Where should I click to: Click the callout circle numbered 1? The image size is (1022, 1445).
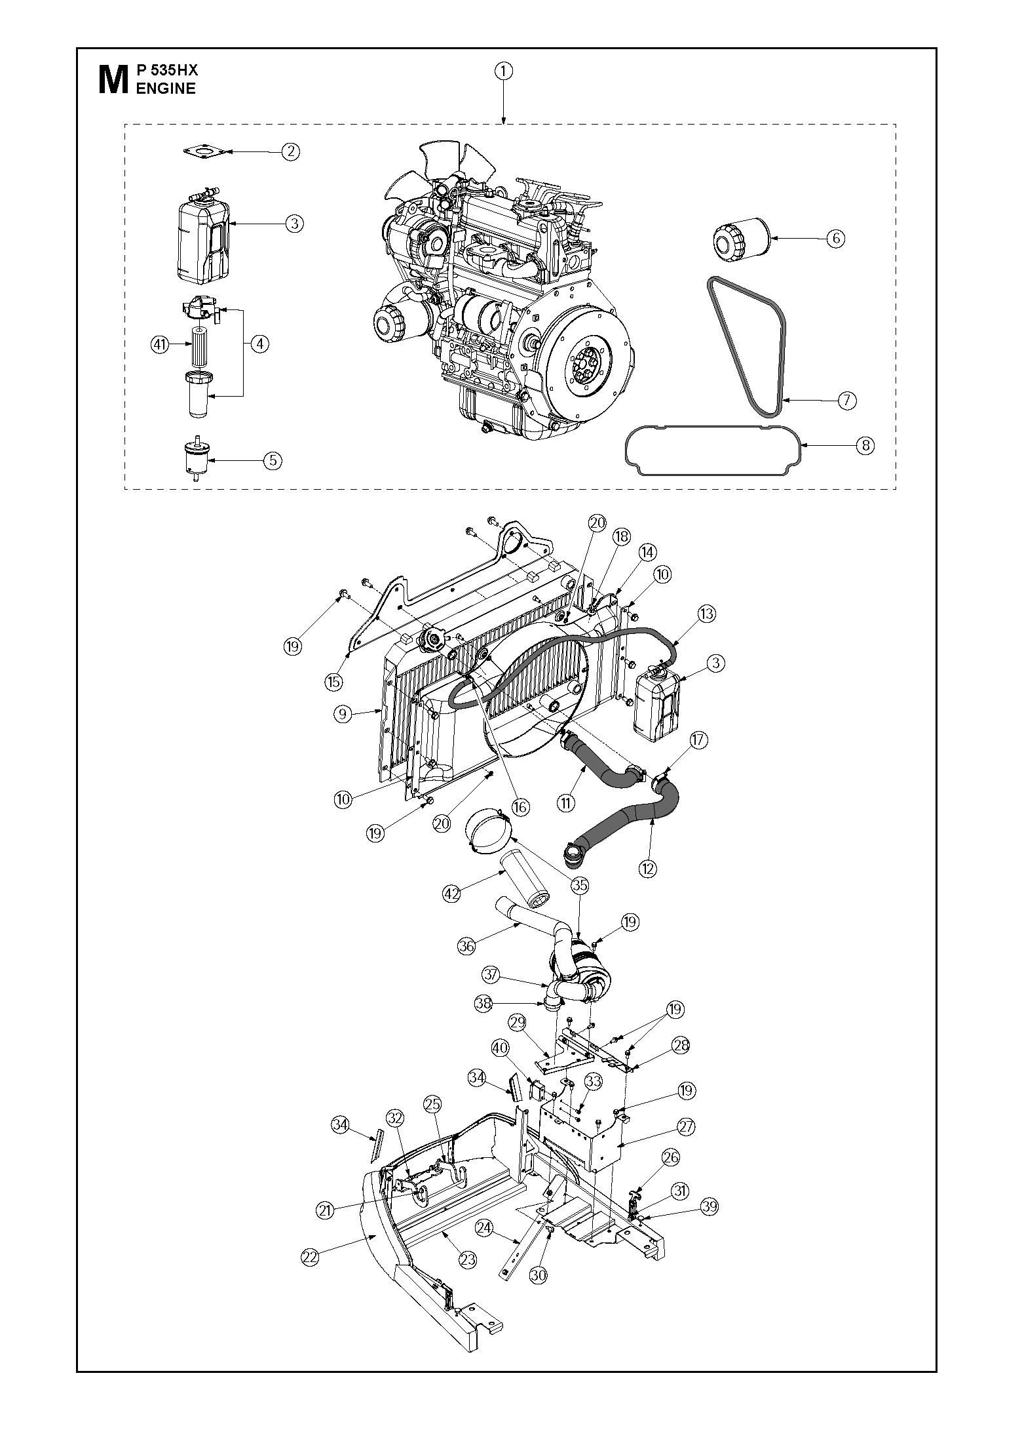(x=503, y=71)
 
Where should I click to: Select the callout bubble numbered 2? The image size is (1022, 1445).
(x=291, y=151)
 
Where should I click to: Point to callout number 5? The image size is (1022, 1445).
(x=273, y=460)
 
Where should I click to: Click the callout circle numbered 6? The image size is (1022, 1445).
(x=836, y=238)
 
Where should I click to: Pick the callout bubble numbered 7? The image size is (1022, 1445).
(x=847, y=400)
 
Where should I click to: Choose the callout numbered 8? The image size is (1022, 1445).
(x=865, y=446)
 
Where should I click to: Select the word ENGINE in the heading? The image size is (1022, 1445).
(x=166, y=89)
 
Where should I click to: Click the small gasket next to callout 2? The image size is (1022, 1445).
(x=205, y=152)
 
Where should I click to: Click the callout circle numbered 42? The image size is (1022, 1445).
(x=451, y=893)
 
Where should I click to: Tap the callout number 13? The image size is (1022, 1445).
(x=706, y=614)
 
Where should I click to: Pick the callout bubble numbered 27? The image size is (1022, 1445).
(x=687, y=1127)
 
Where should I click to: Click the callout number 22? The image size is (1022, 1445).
(x=310, y=1256)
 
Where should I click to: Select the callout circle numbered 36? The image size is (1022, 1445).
(x=466, y=945)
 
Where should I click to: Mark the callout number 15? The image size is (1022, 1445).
(x=334, y=682)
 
